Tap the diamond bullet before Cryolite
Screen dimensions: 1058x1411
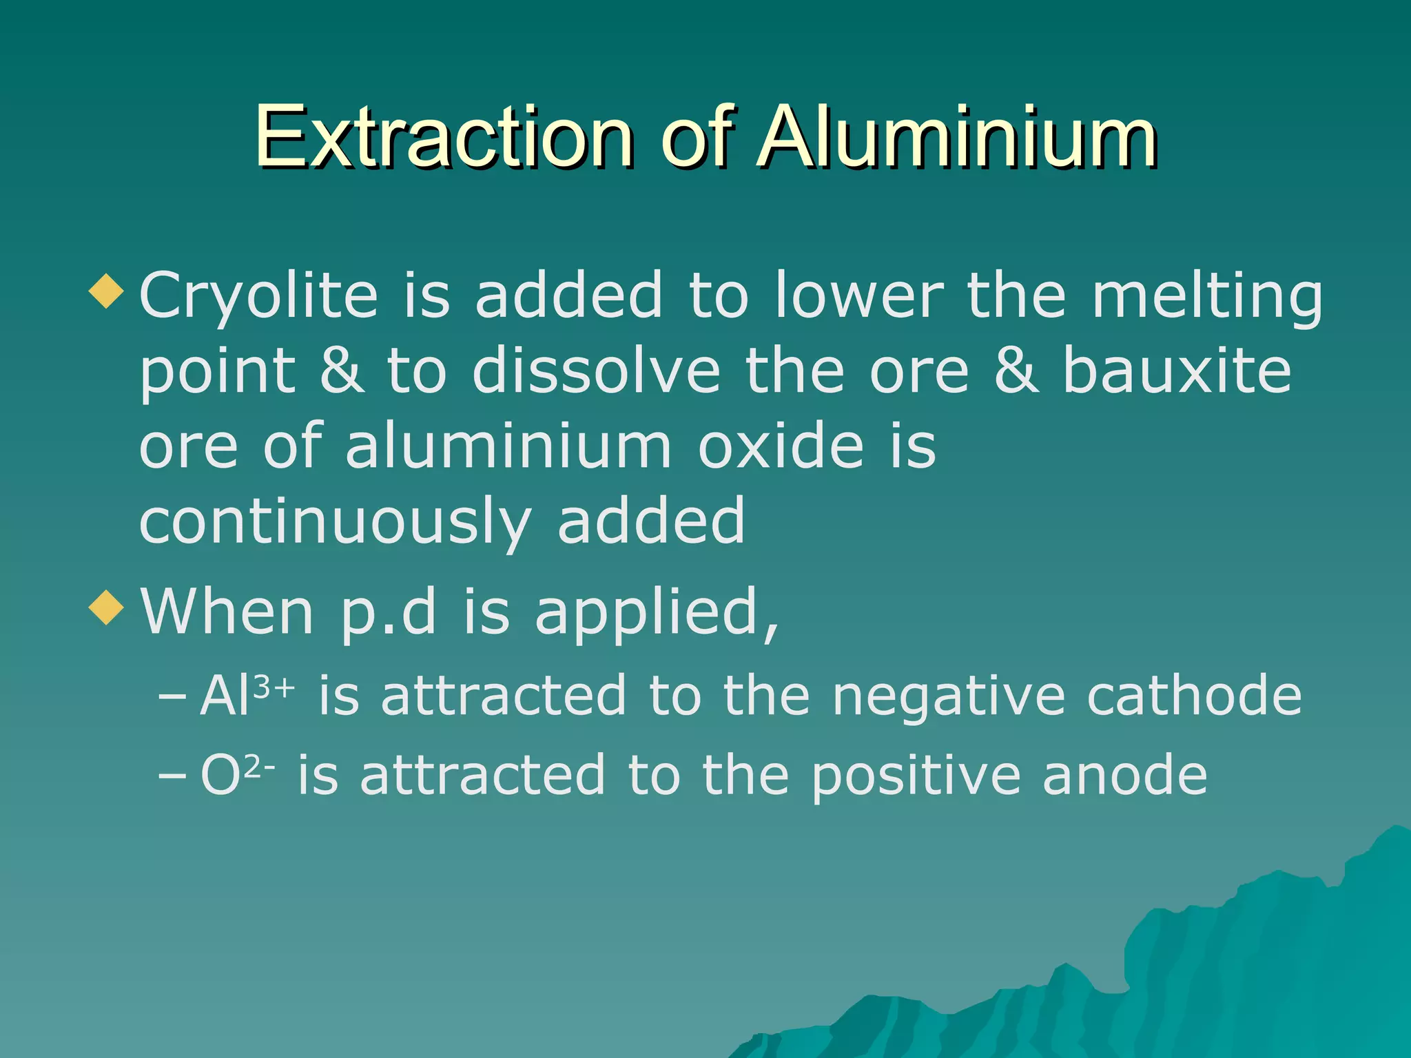(x=107, y=291)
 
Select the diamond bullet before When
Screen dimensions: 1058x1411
(x=107, y=608)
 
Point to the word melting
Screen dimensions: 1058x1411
(x=1207, y=296)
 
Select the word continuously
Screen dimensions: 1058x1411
(x=336, y=522)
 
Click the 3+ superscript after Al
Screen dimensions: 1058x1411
(x=274, y=687)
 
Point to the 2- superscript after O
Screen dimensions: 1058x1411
(x=260, y=767)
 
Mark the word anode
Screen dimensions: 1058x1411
(x=1124, y=776)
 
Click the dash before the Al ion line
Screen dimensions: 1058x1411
(x=172, y=698)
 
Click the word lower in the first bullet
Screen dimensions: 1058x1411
(x=859, y=296)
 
